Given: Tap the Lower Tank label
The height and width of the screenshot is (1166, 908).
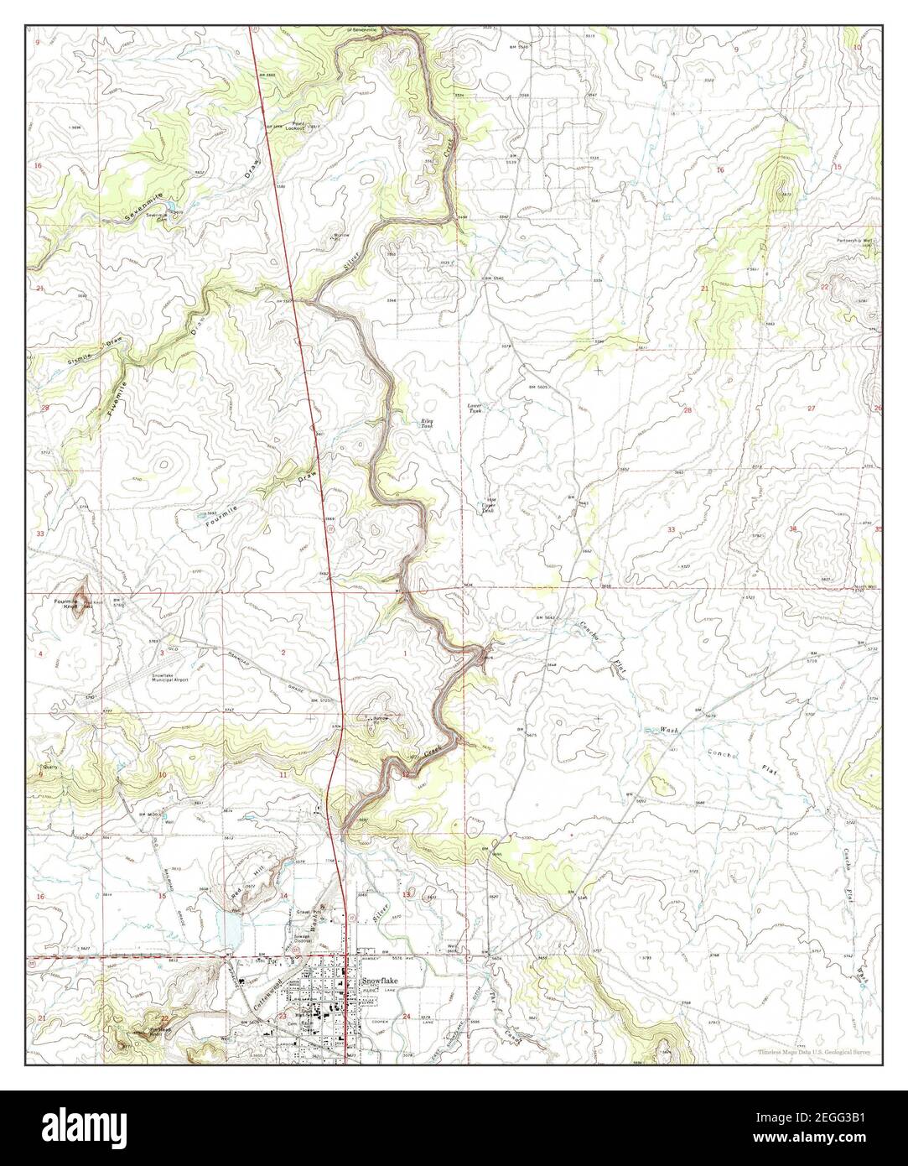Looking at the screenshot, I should pyautogui.click(x=475, y=409).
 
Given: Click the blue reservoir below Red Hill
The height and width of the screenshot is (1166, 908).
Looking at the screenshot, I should pyautogui.click(x=227, y=929).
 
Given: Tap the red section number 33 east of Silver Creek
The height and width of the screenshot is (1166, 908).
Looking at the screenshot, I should pyautogui.click(x=672, y=529).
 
